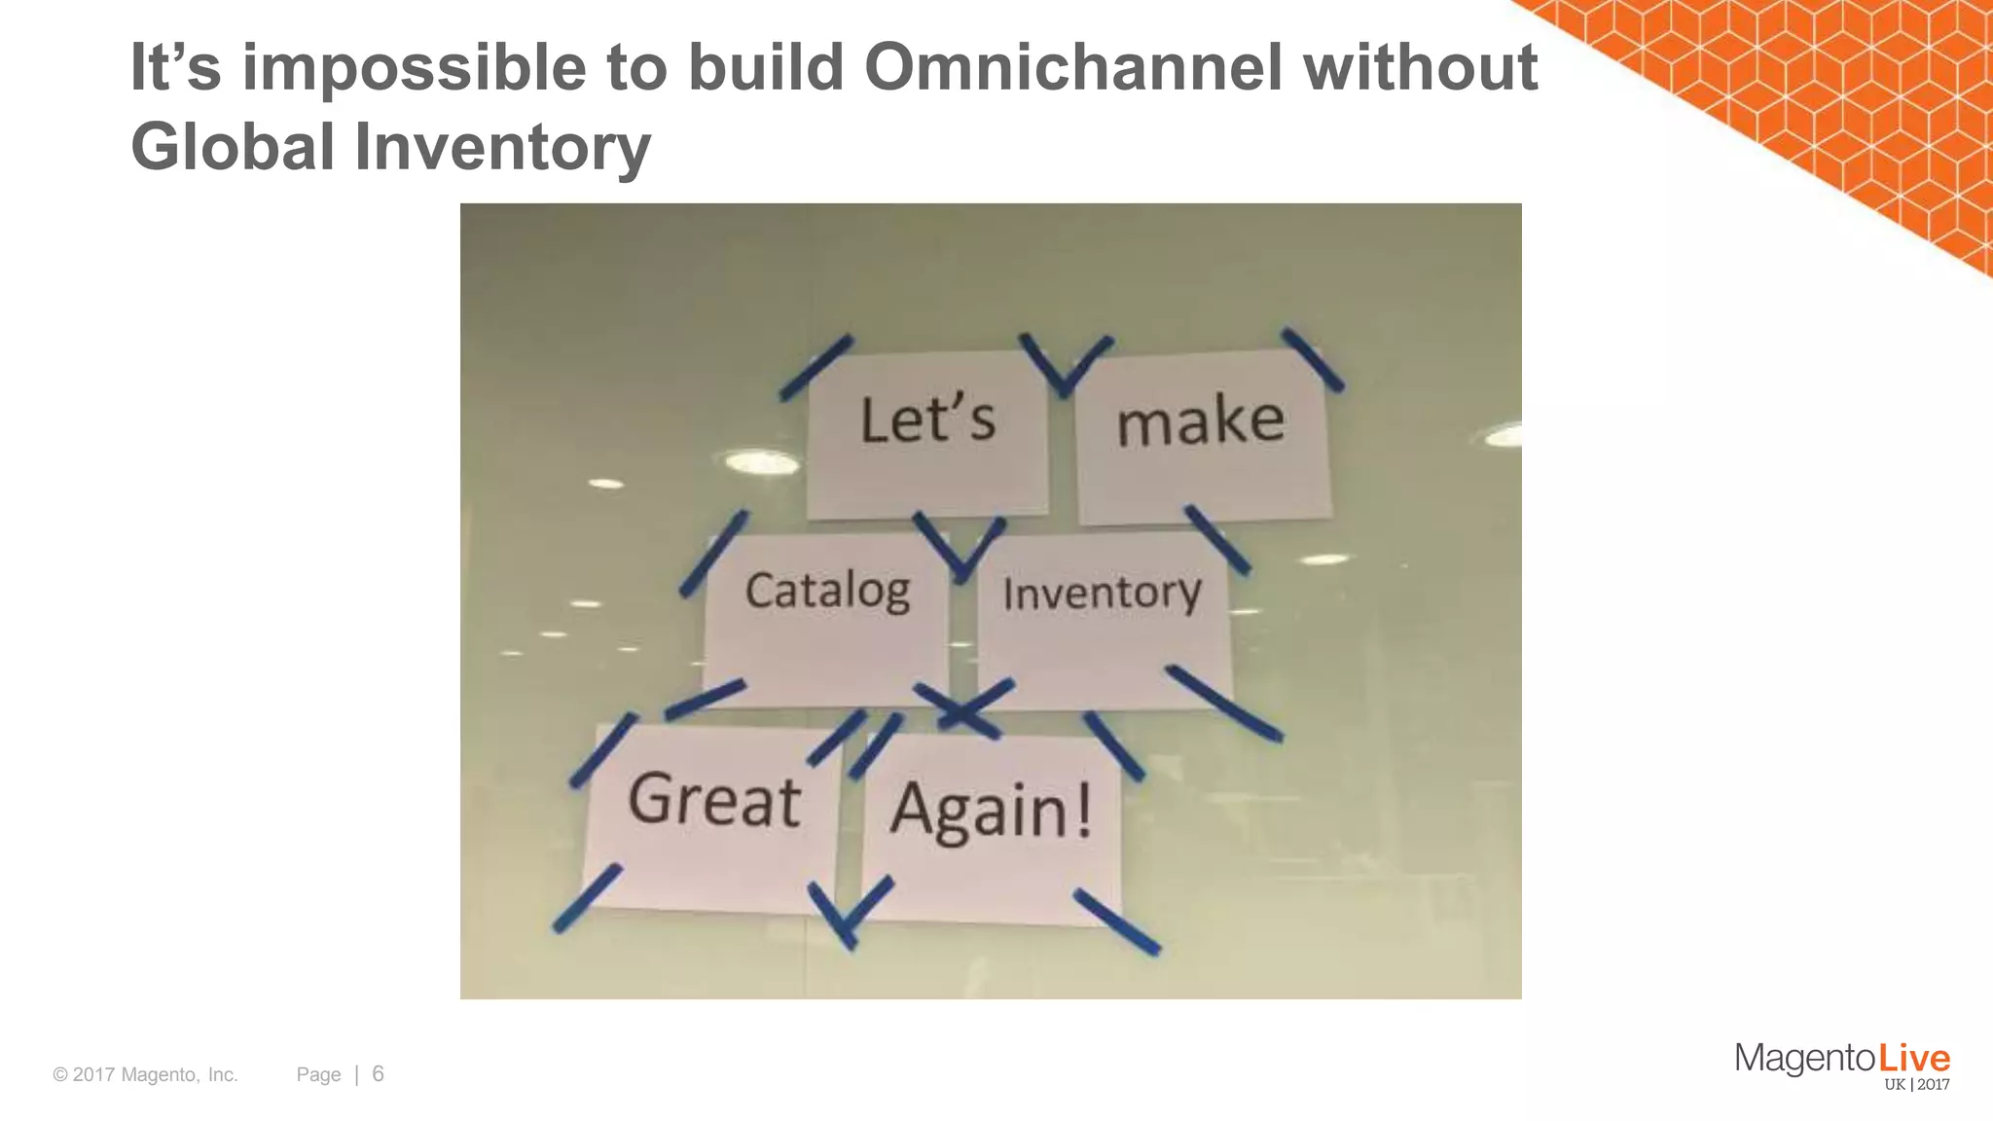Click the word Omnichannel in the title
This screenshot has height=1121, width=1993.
coord(1073,68)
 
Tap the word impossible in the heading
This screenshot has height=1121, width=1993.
coord(414,68)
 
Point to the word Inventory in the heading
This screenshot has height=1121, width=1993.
coord(502,147)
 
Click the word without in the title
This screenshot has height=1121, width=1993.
coord(1420,68)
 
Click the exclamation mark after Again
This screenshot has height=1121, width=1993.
coord(1082,811)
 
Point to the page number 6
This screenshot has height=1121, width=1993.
coord(378,1073)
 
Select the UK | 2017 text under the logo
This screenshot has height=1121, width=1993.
coord(1916,1085)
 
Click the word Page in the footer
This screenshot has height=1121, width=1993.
coord(318,1074)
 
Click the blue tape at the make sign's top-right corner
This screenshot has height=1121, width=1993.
coord(1313,359)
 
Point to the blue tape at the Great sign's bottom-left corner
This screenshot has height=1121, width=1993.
coord(587,897)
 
